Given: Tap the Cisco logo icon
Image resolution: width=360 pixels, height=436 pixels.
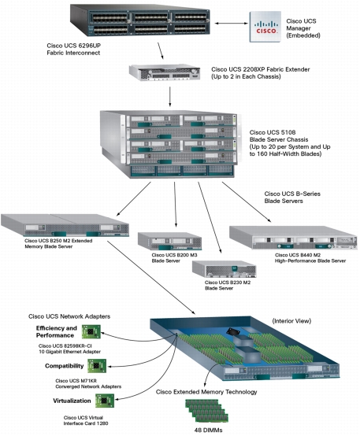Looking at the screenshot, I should (x=265, y=29).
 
